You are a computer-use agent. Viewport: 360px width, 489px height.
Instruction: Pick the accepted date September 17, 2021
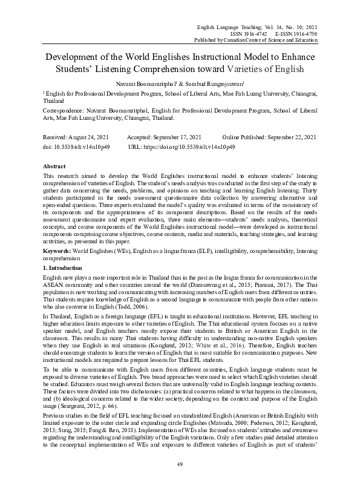[x=175, y=138]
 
